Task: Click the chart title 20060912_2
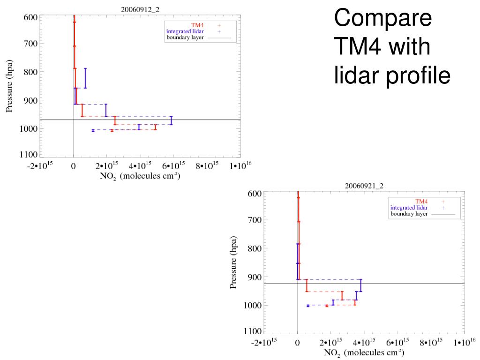[x=140, y=9]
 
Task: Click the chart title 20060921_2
[x=364, y=186]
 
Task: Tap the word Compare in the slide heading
[x=382, y=19]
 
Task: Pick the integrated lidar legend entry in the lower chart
[x=409, y=207]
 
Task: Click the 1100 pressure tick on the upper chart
[x=29, y=155]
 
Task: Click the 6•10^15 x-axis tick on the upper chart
[x=174, y=165]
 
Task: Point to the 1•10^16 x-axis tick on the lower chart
[x=463, y=343]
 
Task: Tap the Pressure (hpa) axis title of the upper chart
[x=9, y=86]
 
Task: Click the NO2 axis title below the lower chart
[x=364, y=352]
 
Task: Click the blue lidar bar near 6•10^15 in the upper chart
[x=171, y=120]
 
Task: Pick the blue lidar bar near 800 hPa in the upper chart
[x=85, y=78]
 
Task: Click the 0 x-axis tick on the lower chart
[x=297, y=343]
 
